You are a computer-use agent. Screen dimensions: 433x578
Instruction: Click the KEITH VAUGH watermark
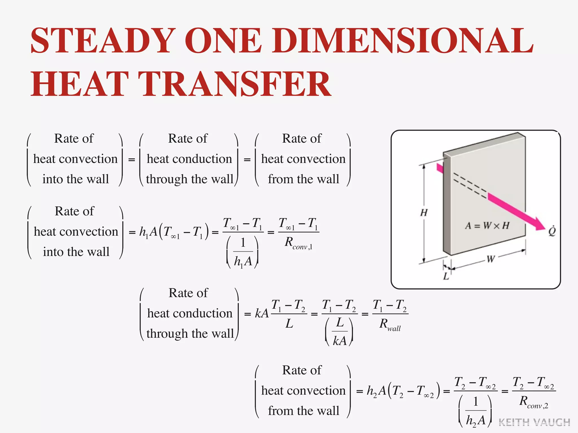(x=534, y=422)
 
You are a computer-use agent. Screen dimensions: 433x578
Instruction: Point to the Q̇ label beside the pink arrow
(x=551, y=231)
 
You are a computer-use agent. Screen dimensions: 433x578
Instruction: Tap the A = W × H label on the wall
(x=487, y=226)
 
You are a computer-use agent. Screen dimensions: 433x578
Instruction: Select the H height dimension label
(x=424, y=212)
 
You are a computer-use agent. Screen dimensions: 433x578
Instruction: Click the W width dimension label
(x=491, y=259)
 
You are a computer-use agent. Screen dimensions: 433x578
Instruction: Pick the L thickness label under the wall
(x=446, y=276)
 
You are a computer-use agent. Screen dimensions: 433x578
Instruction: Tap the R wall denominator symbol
(x=390, y=324)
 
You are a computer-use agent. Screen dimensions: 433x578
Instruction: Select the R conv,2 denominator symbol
(x=533, y=402)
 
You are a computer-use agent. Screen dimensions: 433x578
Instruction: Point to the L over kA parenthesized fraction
(x=339, y=332)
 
